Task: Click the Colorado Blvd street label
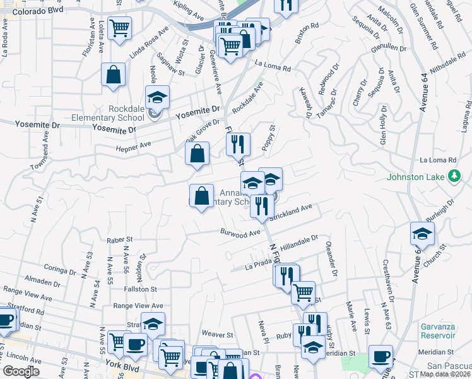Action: click(x=38, y=11)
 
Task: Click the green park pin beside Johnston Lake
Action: click(x=454, y=177)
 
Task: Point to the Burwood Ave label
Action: click(x=240, y=234)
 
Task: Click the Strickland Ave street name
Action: click(x=290, y=212)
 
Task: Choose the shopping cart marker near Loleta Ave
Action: click(x=119, y=28)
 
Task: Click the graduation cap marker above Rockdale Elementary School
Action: click(x=157, y=97)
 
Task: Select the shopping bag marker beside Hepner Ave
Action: click(x=198, y=153)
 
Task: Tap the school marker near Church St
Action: click(x=422, y=234)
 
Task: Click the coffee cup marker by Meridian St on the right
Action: click(x=380, y=356)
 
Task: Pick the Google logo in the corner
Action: click(x=21, y=371)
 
